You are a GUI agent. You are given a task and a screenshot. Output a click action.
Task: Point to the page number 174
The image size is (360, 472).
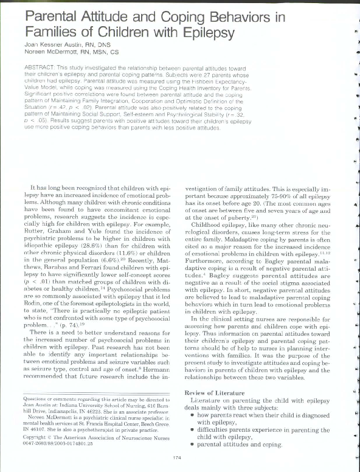click(x=177, y=457)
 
